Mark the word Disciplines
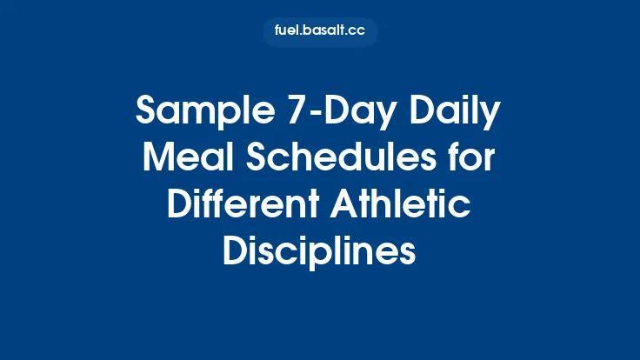coord(320,252)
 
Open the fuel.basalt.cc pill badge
coord(320,32)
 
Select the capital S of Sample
coord(145,114)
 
